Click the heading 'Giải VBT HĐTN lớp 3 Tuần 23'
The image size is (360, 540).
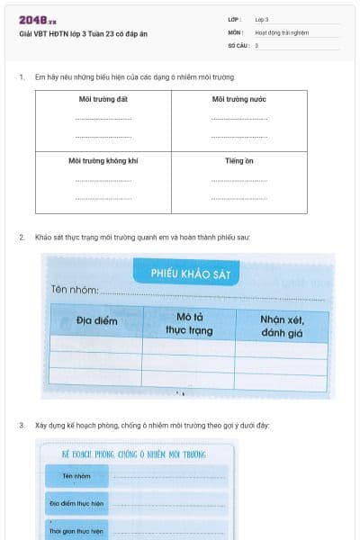click(x=68, y=33)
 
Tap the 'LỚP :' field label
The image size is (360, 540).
click(x=235, y=19)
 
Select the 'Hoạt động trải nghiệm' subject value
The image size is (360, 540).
click(x=282, y=31)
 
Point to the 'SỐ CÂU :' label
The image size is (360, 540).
click(x=238, y=44)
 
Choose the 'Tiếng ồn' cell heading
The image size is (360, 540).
click(x=239, y=161)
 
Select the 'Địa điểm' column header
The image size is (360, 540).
click(x=96, y=320)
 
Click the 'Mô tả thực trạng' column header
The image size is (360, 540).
click(x=188, y=323)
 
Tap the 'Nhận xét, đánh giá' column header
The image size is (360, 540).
click(x=282, y=323)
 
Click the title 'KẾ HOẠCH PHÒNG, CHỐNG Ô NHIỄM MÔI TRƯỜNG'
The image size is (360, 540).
click(x=132, y=455)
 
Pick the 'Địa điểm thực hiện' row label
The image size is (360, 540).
click(x=77, y=503)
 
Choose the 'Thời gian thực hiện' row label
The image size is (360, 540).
click(x=76, y=531)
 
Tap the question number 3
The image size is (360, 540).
click(x=21, y=425)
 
